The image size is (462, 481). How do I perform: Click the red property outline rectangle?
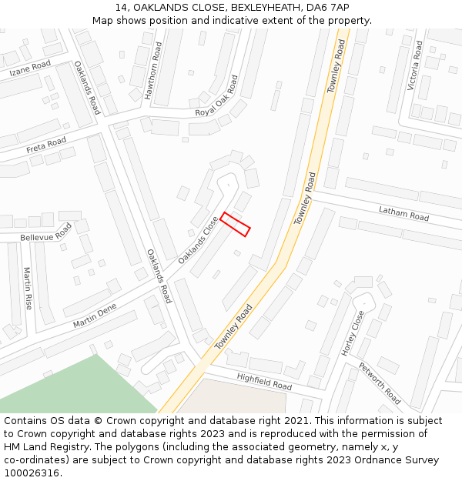pyautogui.click(x=236, y=224)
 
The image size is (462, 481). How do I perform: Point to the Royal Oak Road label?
pyautogui.click(x=216, y=96)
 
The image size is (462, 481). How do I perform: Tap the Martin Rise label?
pyautogui.click(x=28, y=288)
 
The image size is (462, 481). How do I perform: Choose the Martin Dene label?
pyautogui.click(x=94, y=316)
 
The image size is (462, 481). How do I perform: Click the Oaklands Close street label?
pyautogui.click(x=199, y=240)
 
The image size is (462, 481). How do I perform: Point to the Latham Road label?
pyautogui.click(x=403, y=213)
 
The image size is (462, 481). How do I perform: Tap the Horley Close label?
pyautogui.click(x=353, y=332)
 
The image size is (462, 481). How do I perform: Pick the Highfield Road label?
pyautogui.click(x=264, y=380)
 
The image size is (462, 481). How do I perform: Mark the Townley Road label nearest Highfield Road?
pyautogui.click(x=234, y=327)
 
